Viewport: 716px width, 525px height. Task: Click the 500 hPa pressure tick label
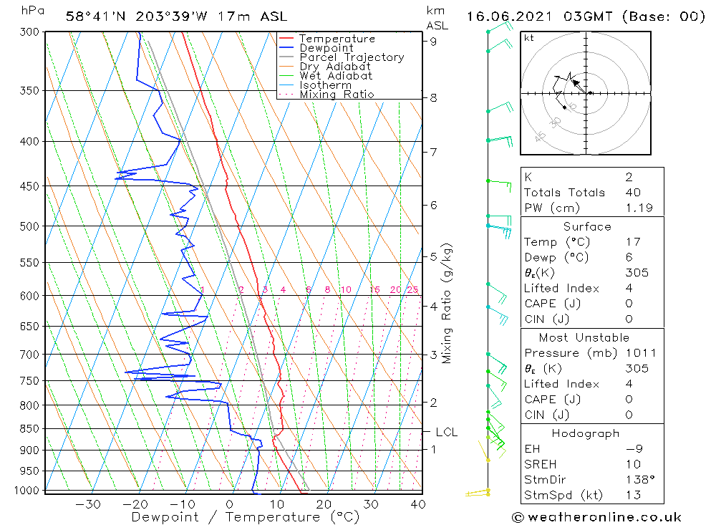coord(29,226)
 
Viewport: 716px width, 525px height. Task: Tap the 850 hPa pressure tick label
coord(29,428)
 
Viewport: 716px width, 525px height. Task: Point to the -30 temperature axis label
coord(87,504)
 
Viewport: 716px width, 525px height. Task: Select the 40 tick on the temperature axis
coord(418,504)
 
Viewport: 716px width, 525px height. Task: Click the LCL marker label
coord(447,432)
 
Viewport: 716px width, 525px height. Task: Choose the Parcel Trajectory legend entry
coord(352,57)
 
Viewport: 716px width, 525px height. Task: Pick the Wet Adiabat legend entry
coord(336,76)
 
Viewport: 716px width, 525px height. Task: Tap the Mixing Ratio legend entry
coord(337,95)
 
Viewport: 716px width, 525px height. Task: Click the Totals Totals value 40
coord(633,193)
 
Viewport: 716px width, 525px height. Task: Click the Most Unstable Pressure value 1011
coord(641,353)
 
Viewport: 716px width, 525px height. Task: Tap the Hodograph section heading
coord(586,433)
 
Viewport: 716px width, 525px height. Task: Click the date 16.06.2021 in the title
coord(508,17)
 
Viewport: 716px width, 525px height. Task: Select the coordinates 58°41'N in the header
coord(95,17)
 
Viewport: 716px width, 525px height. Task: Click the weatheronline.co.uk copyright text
coord(597,517)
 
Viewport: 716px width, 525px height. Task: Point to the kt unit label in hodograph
coord(529,38)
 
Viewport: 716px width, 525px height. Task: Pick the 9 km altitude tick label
coord(433,41)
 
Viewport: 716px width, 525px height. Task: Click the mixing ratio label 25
coord(413,289)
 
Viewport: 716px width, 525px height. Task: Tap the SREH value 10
coord(633,464)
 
